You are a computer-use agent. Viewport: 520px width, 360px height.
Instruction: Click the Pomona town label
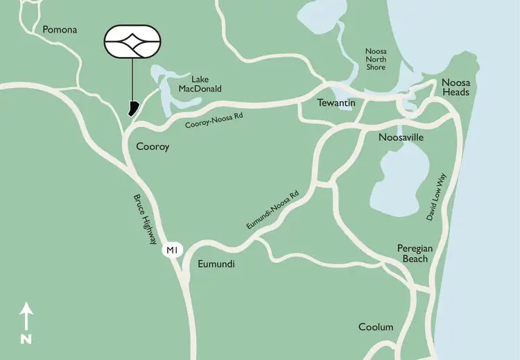60,30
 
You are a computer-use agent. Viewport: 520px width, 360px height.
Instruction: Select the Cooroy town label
153,147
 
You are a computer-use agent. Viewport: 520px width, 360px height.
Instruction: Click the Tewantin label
336,103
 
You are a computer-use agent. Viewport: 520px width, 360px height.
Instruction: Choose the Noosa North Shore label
380,60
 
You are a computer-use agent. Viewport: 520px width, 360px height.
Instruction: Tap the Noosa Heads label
456,87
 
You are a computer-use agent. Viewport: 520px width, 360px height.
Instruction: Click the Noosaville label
401,137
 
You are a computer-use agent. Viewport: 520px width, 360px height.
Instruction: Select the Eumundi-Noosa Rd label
272,211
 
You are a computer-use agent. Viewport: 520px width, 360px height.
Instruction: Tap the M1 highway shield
171,250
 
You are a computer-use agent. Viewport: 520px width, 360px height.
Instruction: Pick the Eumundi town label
216,264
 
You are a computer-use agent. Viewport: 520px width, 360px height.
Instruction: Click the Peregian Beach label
413,253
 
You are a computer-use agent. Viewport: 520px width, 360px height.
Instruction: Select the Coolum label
376,327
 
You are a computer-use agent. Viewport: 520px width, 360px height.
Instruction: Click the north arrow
26,316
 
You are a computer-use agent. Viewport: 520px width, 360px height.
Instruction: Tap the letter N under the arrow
26,339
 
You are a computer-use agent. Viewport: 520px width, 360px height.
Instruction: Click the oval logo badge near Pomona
132,43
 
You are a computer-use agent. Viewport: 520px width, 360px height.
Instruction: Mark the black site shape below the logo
132,108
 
